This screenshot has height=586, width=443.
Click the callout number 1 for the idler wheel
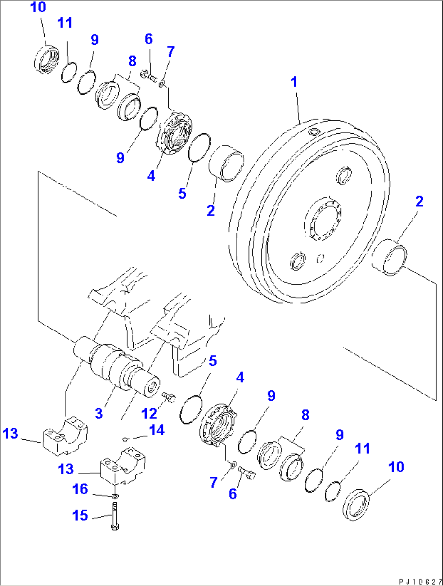coord(294,82)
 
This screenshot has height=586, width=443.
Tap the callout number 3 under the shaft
coord(99,414)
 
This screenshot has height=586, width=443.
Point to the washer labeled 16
coord(115,496)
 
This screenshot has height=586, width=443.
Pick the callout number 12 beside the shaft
coord(149,414)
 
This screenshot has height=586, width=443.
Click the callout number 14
coord(157,430)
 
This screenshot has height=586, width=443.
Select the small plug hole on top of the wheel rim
coord(314,132)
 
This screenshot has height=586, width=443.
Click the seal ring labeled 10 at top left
coord(46,60)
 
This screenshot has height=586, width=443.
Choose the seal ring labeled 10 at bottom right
coord(356,505)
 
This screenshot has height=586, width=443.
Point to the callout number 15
coord(80,515)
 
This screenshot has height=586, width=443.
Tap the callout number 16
coord(80,489)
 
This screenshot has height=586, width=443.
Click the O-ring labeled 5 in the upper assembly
coord(199,147)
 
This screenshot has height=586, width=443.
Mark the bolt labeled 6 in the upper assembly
coord(149,76)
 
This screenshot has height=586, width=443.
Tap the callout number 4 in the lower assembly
coord(240,378)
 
